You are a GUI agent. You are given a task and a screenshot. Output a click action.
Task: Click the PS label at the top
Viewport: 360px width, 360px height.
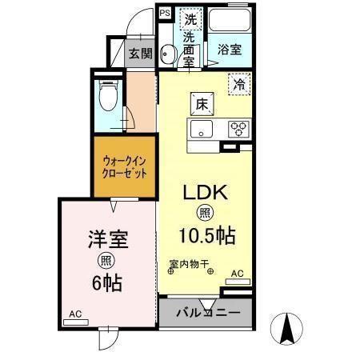[x=165, y=14]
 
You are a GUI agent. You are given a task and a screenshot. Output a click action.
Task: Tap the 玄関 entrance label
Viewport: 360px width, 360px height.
[x=140, y=54]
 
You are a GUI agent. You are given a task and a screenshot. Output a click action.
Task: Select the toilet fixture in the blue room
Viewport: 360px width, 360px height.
[x=106, y=98]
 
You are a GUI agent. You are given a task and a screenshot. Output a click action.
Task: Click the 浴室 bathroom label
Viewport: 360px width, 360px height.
[x=230, y=49]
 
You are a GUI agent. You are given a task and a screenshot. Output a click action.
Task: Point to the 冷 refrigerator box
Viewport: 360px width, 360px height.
[x=238, y=82]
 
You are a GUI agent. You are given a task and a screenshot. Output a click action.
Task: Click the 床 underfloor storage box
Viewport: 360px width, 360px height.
[x=200, y=103]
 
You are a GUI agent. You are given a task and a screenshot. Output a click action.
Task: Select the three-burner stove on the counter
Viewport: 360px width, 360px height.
[x=238, y=128]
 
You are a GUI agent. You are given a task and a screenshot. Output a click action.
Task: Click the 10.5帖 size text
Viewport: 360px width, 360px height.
[x=206, y=236]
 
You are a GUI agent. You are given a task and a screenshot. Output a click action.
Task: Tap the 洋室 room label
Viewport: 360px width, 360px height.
[x=106, y=238]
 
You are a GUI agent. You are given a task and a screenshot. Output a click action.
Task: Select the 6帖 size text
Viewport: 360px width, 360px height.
[x=107, y=282]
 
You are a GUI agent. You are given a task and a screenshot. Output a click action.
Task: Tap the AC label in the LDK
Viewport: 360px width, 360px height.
[x=236, y=274]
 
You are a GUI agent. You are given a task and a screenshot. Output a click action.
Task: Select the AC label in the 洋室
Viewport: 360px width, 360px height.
[x=74, y=314]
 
